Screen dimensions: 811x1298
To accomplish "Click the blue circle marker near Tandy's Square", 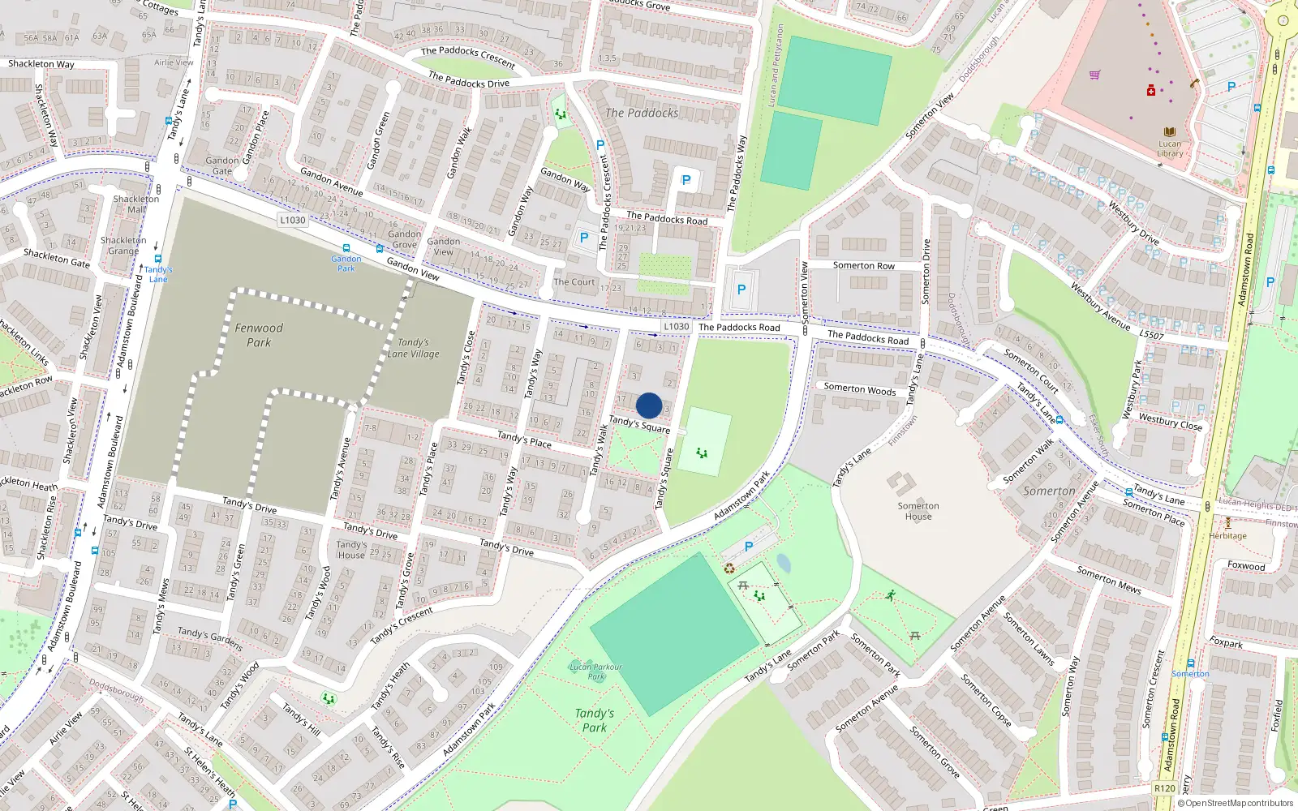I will (649, 405).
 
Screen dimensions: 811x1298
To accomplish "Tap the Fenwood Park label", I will (259, 335).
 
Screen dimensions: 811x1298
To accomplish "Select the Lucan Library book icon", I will (1170, 132).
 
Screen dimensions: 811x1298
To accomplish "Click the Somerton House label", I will (918, 511).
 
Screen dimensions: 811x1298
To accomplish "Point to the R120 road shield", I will (1165, 787).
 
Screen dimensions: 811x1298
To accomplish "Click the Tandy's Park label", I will (595, 720).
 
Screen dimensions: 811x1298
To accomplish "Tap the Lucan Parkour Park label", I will (595, 672).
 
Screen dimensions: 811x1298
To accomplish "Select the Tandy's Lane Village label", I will (413, 348).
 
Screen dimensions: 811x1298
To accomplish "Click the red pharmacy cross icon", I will (1150, 91).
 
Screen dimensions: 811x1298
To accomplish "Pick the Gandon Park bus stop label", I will (346, 263).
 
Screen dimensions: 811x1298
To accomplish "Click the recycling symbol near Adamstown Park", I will (729, 569).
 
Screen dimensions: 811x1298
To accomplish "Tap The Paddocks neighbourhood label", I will (642, 114).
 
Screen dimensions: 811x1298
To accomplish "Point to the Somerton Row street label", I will (863, 265).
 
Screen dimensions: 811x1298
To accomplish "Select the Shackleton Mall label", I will (136, 204).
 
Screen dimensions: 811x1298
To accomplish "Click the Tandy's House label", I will (351, 550).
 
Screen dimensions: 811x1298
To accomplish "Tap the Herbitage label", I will (1227, 535).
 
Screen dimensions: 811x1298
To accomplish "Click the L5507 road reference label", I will (1151, 335).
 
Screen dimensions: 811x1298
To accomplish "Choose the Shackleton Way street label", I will (41, 64).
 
